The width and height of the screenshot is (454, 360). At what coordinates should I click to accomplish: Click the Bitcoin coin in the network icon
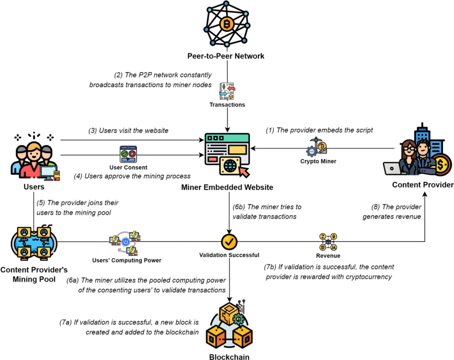pos(227,24)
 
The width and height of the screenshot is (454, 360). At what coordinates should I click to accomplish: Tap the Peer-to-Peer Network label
pos(226,56)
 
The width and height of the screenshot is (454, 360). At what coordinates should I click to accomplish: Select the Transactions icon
pos(227,91)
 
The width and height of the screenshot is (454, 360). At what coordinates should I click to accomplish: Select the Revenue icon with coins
pos(328,242)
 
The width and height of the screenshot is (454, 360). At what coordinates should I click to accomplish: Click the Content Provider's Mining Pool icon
pos(34,242)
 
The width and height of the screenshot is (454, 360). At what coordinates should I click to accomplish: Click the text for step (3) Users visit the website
pos(128,131)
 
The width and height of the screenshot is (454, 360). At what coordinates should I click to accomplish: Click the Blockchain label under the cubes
pos(229,356)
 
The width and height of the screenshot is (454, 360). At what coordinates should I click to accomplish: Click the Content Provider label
pos(423,185)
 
